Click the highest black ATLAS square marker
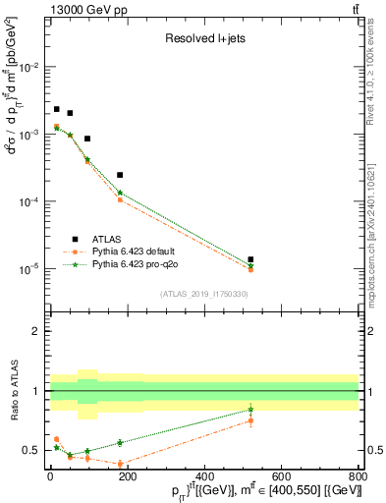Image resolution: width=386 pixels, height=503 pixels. pyautogui.click(x=56, y=109)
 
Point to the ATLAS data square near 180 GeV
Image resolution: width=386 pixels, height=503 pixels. pyautogui.click(x=120, y=175)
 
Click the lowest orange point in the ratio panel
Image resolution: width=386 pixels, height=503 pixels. pyautogui.click(x=120, y=464)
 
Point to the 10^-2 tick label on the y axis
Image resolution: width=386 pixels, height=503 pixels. pyautogui.click(x=31, y=67)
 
